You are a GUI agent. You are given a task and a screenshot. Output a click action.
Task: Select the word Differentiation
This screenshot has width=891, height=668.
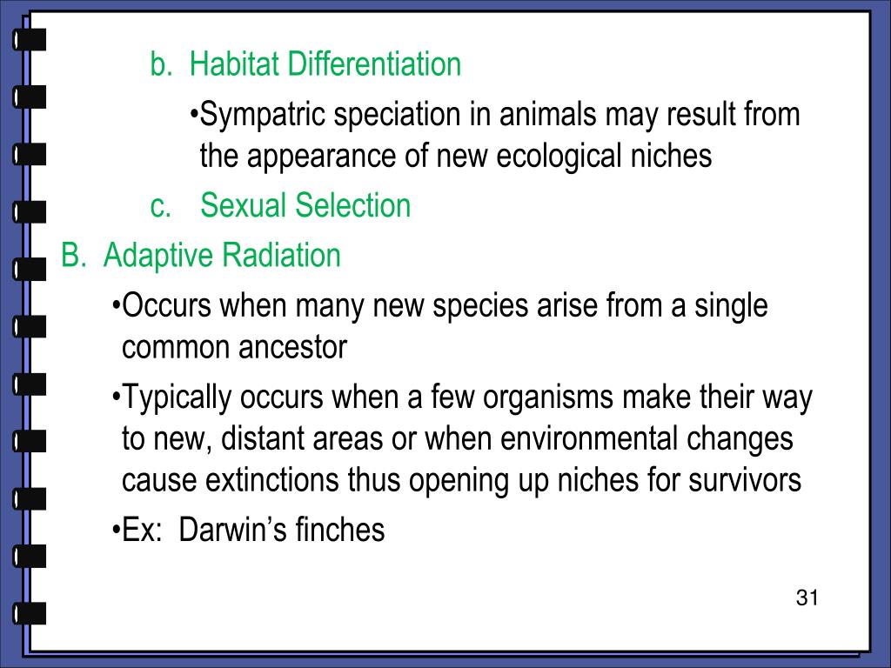pyautogui.click(x=375, y=64)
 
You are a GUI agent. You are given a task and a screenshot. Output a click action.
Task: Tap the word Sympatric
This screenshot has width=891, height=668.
pyautogui.click(x=265, y=115)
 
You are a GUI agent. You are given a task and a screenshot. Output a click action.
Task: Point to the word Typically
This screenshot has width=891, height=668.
pyautogui.click(x=178, y=398)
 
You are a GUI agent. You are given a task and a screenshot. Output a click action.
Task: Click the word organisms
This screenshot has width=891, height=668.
pyautogui.click(x=549, y=398)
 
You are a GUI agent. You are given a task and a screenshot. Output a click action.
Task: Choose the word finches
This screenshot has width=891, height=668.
pyautogui.click(x=340, y=530)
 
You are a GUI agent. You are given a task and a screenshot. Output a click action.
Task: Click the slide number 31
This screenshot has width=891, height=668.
pyautogui.click(x=807, y=598)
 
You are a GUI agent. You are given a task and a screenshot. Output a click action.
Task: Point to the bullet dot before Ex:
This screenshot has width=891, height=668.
pyautogui.click(x=117, y=531)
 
